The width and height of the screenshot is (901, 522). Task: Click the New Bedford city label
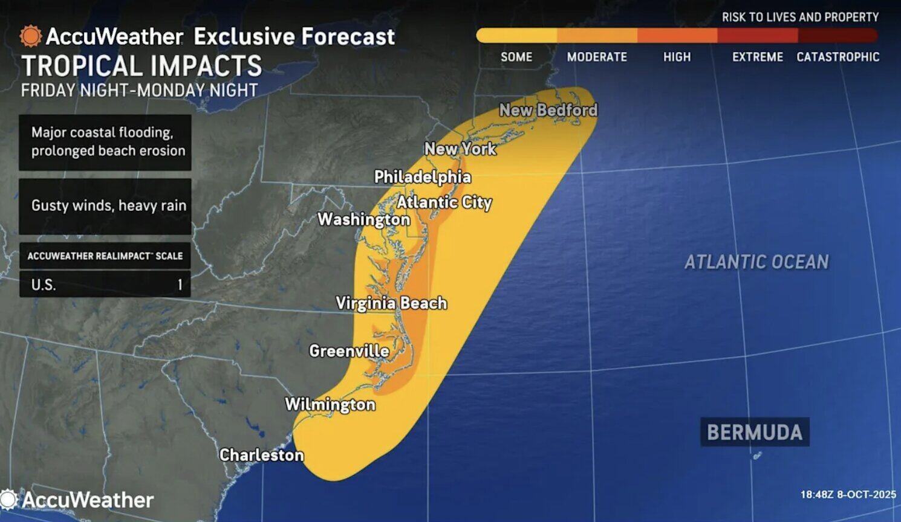548,110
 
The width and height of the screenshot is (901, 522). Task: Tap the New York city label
460,149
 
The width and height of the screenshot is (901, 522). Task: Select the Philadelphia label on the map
422,177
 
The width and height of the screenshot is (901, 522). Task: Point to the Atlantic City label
444,202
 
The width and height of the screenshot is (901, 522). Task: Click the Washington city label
364,219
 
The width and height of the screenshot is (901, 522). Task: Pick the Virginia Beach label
391,303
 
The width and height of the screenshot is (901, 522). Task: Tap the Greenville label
349,351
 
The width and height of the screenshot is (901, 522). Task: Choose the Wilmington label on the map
330,404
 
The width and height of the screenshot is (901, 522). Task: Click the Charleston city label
261,455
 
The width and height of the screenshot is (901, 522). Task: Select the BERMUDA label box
755,433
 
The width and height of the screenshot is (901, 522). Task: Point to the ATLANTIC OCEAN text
756,262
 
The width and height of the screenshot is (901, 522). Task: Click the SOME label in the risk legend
516,57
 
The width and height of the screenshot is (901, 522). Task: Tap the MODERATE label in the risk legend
597,57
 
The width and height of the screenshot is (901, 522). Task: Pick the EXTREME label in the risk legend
758,57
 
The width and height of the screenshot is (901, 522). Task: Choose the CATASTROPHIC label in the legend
838,57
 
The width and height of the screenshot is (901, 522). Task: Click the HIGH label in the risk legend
677,57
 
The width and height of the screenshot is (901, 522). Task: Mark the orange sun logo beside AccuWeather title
30,36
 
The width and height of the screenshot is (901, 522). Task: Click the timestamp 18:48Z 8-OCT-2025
848,495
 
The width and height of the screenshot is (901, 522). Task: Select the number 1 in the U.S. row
180,285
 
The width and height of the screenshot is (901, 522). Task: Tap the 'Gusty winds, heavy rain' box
105,206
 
